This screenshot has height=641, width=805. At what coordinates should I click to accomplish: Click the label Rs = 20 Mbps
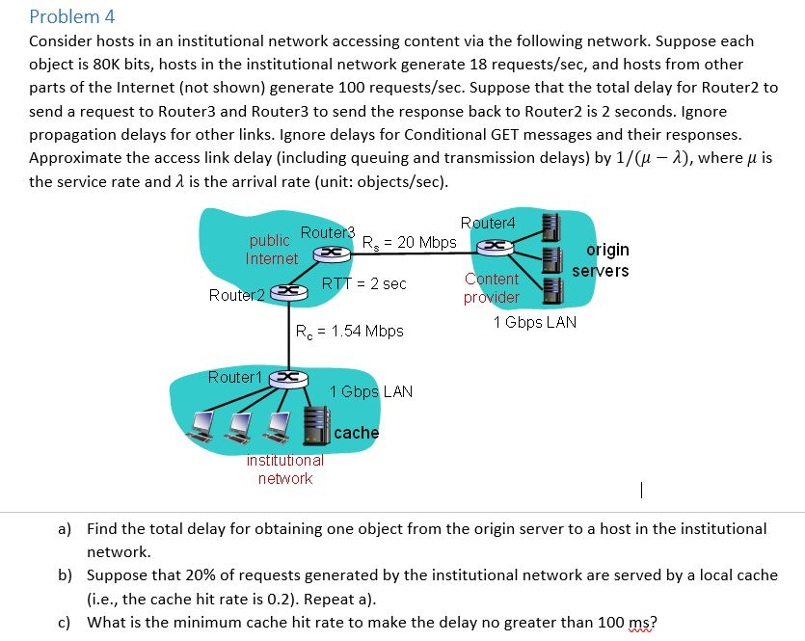pos(408,242)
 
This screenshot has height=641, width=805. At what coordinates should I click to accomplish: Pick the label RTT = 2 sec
pos(363,283)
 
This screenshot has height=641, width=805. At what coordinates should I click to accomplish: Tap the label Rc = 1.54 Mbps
pos(349,331)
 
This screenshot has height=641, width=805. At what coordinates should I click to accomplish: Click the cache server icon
pos(317,425)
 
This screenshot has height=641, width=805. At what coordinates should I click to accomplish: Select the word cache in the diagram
pos(357,433)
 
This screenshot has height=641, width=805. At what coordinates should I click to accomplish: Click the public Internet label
pos(271,250)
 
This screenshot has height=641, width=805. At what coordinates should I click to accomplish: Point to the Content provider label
pos(492,288)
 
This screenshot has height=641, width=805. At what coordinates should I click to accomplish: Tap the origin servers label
pos(600,260)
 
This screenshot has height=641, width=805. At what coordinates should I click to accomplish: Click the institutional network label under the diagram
pos(284,469)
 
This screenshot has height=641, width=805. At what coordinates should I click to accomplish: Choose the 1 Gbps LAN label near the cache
pos(371,391)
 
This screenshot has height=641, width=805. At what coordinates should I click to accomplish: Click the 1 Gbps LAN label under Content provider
pos(534,322)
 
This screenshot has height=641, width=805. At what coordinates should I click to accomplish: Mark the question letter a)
pos(65,528)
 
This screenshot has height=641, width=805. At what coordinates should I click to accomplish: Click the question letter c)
pos(65,622)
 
